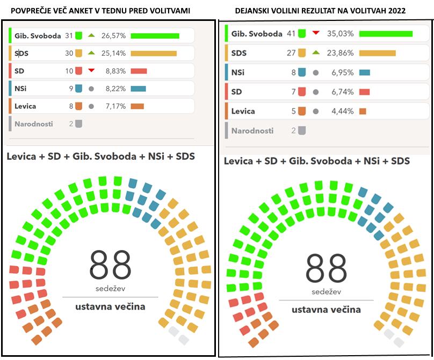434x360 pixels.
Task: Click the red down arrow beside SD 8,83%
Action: (91, 71)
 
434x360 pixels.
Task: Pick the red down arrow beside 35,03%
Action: (316, 33)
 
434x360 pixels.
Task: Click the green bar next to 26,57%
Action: (155, 36)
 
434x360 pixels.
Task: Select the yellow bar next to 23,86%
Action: (377, 53)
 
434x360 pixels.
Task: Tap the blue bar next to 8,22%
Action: (138, 89)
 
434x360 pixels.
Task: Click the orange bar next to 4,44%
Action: (363, 112)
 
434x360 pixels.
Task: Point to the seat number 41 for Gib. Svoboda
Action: (291, 34)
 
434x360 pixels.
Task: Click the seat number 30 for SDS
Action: (69, 54)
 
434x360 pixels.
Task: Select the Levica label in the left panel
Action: (26, 106)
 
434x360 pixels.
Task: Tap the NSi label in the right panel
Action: (238, 72)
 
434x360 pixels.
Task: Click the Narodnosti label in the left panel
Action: (34, 124)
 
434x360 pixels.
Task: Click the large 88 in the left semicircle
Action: (110, 265)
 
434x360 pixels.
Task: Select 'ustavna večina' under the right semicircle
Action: (326, 310)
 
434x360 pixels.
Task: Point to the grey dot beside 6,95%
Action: (316, 72)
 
